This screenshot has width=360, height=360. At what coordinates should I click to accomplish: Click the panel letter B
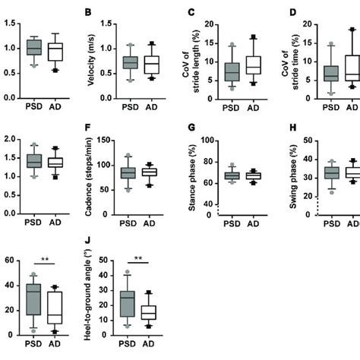(x=88, y=13)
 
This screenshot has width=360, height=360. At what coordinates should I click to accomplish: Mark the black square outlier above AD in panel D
(x=352, y=30)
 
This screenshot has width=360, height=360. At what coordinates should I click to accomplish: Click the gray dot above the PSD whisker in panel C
(x=211, y=45)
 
